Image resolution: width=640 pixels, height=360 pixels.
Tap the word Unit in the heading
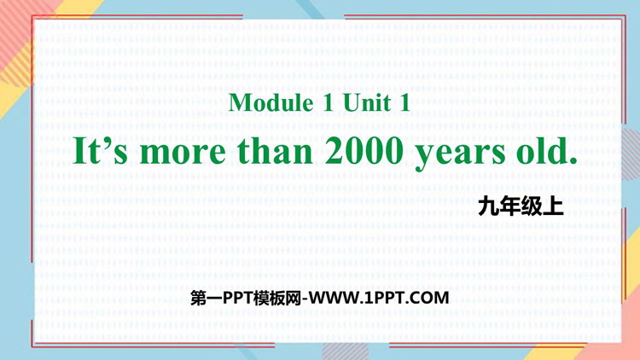pos(367,102)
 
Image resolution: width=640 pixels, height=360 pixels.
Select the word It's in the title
pos(101,151)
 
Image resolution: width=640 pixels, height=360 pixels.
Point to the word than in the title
pos(276,151)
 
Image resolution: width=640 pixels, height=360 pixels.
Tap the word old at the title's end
pos(541,151)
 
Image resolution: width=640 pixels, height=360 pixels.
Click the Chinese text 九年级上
pos(521,206)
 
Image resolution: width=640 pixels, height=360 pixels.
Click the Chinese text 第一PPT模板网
pos(246,299)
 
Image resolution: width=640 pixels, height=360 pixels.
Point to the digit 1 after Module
pos(329,102)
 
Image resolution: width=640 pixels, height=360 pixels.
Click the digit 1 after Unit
pos(404,102)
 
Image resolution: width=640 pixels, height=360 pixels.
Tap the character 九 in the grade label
pos(489,206)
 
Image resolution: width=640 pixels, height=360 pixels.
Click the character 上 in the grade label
pos(554,206)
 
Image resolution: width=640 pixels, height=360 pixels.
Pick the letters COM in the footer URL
pos(432,299)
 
